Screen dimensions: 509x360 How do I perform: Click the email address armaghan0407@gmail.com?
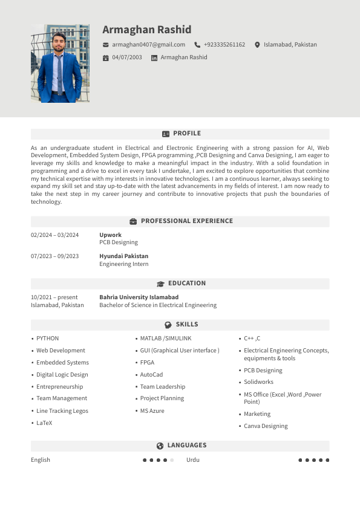tap(148, 45)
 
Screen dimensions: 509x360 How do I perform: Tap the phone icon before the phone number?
tap(197, 45)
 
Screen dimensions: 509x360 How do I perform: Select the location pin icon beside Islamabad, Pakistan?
tap(257, 45)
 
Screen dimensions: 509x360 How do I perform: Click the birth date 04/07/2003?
tap(127, 57)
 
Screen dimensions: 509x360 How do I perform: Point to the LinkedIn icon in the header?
tap(154, 57)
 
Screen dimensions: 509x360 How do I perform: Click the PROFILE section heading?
tap(186, 134)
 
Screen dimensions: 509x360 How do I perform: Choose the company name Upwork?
tap(110, 235)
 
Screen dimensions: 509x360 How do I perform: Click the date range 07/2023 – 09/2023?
tap(54, 256)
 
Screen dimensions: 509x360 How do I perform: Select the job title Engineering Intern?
tap(123, 264)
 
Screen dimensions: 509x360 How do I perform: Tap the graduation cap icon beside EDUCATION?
tap(160, 284)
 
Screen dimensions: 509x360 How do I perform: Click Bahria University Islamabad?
tap(139, 297)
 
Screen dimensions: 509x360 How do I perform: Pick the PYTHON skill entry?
tap(47, 339)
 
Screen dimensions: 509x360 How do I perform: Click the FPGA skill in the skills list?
tap(147, 363)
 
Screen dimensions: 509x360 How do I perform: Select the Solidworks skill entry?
tap(258, 382)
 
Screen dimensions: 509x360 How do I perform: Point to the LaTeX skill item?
tap(44, 423)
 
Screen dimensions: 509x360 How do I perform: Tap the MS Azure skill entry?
tap(152, 411)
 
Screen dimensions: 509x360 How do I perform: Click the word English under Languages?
tap(41, 460)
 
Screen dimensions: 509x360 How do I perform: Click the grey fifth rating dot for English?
tap(172, 460)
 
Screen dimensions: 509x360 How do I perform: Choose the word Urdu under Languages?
tap(192, 460)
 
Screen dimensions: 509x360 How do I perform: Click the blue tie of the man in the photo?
tap(59, 76)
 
